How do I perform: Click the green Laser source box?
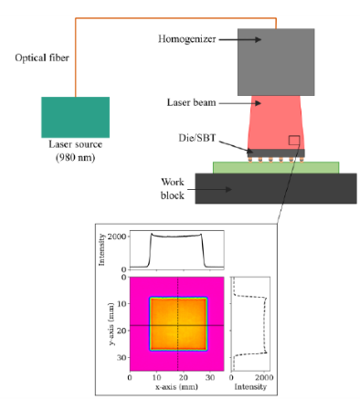75,117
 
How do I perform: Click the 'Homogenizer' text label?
186,39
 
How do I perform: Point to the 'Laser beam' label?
192,104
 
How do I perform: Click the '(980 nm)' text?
75,157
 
